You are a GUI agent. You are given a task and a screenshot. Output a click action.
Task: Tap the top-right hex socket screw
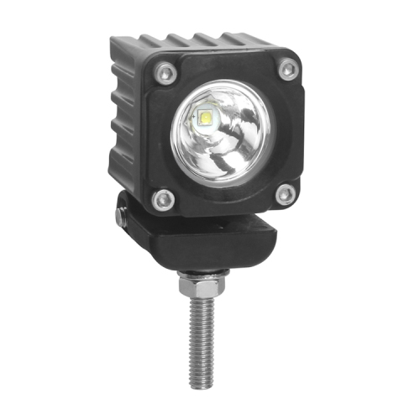288,68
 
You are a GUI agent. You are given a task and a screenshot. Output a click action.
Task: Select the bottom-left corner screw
164,199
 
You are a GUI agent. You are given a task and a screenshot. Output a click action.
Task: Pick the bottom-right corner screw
285,195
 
